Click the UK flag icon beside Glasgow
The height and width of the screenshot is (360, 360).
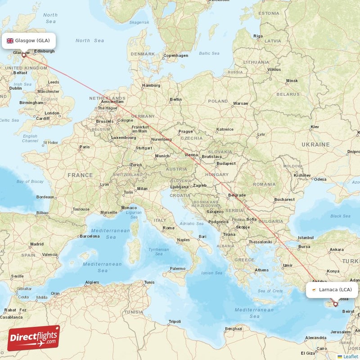click(10, 40)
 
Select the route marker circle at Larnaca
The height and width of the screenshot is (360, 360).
click(335, 304)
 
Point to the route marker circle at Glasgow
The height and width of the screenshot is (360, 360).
click(24, 55)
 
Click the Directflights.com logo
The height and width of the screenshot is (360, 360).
click(34, 338)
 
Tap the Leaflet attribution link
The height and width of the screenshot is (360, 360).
click(351, 356)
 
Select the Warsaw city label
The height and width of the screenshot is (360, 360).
click(240, 103)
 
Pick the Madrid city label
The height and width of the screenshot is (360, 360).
click(36, 244)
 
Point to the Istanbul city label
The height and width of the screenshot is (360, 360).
click(305, 237)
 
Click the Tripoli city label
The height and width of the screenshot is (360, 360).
click(174, 321)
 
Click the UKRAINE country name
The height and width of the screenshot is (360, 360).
click(315, 144)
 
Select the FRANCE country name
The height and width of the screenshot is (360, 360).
click(80, 175)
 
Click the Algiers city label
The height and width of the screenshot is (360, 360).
click(92, 282)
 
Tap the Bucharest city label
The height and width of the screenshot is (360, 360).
click(284, 199)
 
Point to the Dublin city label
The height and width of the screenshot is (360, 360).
click(16, 88)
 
